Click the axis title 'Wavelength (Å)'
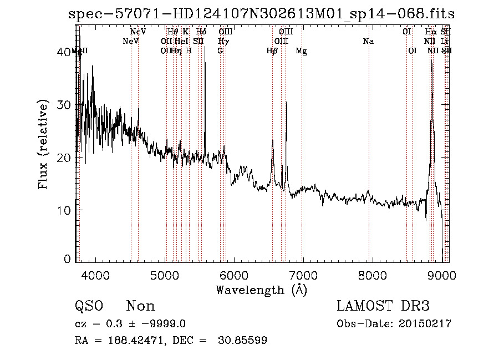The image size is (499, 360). click(261, 290)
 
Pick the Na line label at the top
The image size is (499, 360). click(368, 41)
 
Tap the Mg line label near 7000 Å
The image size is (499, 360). click(301, 51)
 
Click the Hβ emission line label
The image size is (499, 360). click(272, 51)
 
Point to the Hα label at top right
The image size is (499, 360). click(431, 32)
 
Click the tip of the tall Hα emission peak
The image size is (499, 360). click(431, 62)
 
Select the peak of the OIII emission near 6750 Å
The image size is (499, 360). click(286, 103)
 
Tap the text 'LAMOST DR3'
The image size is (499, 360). click(383, 306)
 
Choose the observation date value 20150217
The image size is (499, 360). click(424, 324)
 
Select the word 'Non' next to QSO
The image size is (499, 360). click(141, 306)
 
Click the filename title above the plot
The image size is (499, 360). click(261, 14)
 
